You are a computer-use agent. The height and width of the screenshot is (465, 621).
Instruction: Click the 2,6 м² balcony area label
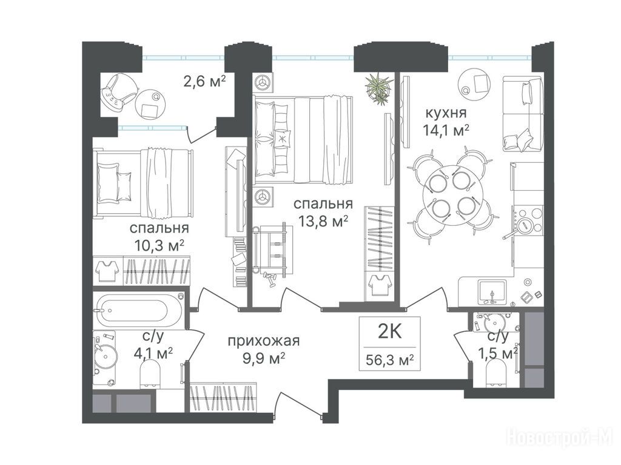[204, 82]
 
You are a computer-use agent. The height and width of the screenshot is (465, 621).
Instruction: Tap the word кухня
[446, 113]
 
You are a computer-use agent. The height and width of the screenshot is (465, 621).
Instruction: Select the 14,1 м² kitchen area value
[446, 130]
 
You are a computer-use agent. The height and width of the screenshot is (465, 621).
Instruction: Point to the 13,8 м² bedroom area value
[324, 222]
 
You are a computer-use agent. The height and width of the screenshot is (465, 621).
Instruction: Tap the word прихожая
[263, 341]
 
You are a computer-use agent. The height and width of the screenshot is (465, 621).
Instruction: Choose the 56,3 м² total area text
[390, 360]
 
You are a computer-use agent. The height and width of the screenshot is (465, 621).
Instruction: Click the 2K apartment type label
[390, 332]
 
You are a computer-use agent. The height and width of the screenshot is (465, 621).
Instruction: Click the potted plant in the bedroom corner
[380, 88]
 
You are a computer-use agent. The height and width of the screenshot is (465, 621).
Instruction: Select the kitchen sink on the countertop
[492, 292]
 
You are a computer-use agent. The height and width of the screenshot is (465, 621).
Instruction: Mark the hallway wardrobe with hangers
[223, 398]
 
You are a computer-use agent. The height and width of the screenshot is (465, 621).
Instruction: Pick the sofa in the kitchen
[523, 114]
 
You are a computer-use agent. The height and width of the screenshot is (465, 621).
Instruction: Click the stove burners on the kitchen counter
[528, 222]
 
